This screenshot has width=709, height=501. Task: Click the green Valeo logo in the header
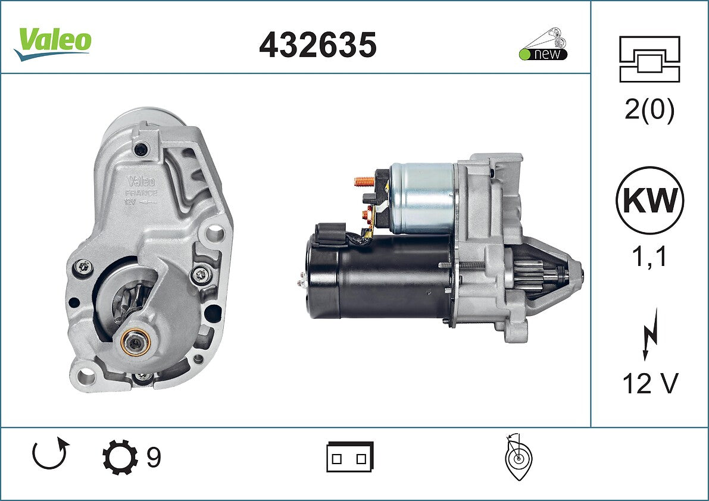(53, 43)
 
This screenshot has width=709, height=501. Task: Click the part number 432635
(317, 45)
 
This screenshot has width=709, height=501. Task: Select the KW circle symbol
(649, 200)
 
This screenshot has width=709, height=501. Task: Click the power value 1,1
(649, 258)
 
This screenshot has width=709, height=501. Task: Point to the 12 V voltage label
(650, 384)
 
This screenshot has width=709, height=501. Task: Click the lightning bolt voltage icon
(651, 334)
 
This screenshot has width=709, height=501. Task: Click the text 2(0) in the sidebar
(649, 109)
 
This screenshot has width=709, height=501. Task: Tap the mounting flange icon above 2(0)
(649, 59)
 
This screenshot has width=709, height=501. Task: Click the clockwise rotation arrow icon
(50, 453)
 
